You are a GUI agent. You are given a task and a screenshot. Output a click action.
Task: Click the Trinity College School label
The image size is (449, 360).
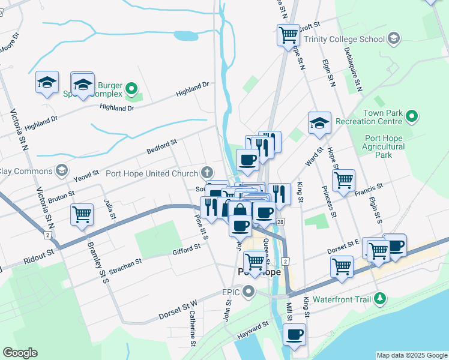coord(344,39)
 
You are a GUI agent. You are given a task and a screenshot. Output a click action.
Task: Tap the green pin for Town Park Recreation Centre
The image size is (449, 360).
coord(412,115)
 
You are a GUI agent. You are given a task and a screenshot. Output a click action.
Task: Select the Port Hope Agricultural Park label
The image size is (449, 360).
coord(385,146)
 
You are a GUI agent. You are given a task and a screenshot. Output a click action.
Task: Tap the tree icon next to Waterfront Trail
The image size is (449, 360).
coord(379,298)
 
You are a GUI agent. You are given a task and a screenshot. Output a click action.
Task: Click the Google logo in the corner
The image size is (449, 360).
coord(20,353)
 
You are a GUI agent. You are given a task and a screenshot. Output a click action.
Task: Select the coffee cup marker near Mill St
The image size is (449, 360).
coord(294,335)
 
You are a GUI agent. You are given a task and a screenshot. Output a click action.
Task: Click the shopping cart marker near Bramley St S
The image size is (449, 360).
coord(82,214)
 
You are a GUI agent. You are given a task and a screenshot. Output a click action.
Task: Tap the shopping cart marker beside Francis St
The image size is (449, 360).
coord(343,180)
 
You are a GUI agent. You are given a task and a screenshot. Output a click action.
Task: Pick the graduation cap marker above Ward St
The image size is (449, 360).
coord(319,123)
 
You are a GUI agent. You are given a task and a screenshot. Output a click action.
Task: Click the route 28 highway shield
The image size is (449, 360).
coord(280,222)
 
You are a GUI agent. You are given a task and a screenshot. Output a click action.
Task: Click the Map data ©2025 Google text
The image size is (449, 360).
coord(412,355)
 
